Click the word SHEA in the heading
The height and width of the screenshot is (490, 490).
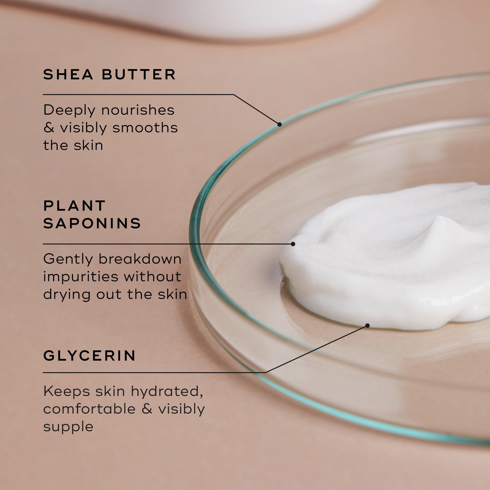[68, 74]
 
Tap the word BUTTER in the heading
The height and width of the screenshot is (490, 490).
[138, 74]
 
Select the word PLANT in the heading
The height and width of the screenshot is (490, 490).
[74, 206]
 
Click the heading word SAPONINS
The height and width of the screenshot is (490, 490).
[92, 223]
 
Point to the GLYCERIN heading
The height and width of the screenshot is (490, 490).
[89, 355]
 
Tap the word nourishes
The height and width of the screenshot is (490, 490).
[138, 110]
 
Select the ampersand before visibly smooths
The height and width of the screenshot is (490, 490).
[49, 128]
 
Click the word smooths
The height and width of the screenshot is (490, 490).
[145, 128]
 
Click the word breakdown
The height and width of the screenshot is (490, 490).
[140, 259]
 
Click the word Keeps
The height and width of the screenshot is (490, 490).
[67, 391]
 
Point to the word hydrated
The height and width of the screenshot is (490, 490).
[167, 391]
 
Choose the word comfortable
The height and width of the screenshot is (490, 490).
[89, 409]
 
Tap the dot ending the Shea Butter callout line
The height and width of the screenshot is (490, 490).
[280, 124]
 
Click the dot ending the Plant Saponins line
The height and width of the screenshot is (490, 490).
[293, 244]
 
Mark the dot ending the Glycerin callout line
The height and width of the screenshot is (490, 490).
[367, 326]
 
